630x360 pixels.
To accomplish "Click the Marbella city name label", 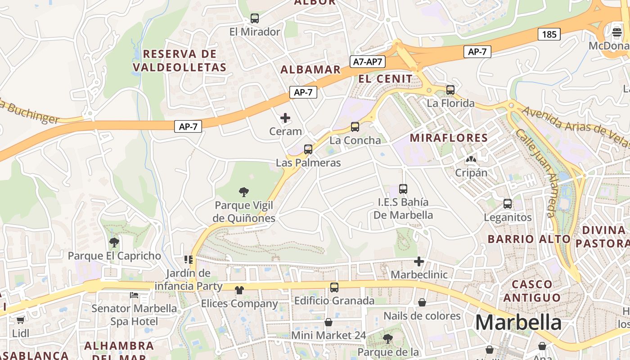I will (x=518, y=323).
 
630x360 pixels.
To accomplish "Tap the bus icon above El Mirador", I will (x=255, y=18).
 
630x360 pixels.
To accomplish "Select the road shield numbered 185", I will (x=549, y=34).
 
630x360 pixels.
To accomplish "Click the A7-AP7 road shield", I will (x=368, y=62).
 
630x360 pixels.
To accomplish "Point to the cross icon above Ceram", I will (x=285, y=118).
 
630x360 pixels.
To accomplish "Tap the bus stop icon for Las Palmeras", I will (x=308, y=149).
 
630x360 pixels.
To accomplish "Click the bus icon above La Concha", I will (x=355, y=127).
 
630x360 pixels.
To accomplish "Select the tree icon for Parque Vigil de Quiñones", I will (x=244, y=192).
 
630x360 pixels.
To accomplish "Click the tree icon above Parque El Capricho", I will (x=114, y=243).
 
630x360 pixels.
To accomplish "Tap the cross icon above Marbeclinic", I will (x=419, y=261).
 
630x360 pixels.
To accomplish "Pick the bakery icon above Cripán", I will (x=471, y=159).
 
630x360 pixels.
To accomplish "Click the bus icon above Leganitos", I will (x=508, y=204).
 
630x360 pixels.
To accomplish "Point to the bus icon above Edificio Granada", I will (x=334, y=288).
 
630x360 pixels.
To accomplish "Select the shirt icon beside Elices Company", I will (x=239, y=290).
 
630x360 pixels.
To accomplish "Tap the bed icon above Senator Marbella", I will (x=134, y=295).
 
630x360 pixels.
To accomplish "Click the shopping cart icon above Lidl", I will (x=20, y=320).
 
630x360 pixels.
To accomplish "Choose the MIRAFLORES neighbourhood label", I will (x=449, y=138).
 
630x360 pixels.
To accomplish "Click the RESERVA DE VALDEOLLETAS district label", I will (x=180, y=61).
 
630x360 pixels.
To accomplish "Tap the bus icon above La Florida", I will (x=450, y=90).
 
